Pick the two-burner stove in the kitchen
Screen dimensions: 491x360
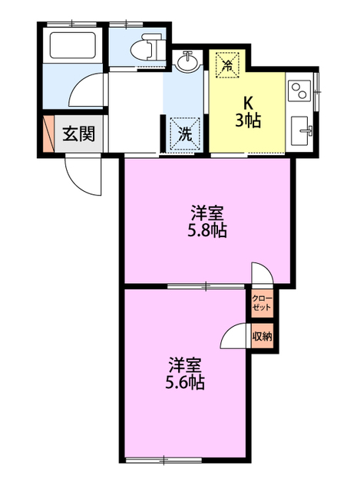pyautogui.click(x=300, y=92)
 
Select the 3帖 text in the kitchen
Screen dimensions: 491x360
pyautogui.click(x=249, y=120)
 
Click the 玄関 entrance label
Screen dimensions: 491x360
pyautogui.click(x=78, y=134)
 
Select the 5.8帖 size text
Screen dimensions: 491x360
pyautogui.click(x=207, y=229)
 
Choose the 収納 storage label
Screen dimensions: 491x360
pyautogui.click(x=261, y=335)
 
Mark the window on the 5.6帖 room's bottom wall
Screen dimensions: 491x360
pyautogui.click(x=163, y=460)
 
